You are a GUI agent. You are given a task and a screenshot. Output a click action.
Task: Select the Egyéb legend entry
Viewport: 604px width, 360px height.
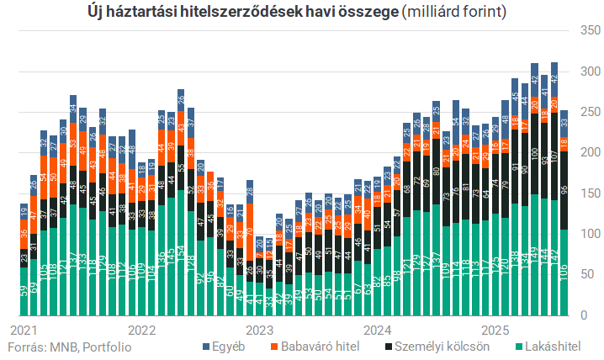tap(227, 346)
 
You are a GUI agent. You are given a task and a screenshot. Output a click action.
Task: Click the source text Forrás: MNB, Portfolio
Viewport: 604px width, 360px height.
tap(70, 346)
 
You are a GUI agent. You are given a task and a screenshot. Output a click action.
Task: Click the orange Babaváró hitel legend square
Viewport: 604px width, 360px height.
tap(274, 346)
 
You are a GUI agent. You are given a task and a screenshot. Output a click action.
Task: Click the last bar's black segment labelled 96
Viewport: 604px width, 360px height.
tap(564, 190)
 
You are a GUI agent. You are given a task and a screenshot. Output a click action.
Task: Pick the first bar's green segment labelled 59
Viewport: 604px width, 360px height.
tap(24, 291)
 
